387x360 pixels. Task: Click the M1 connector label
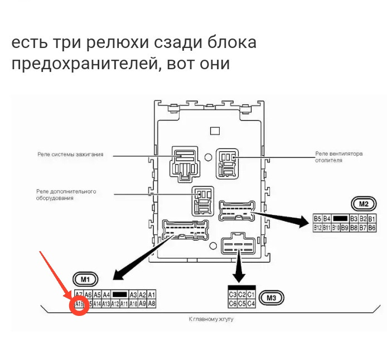pyautogui.click(x=85, y=278)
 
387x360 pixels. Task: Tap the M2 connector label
pyautogui.click(x=364, y=204)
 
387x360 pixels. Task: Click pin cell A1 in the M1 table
pyautogui.click(x=152, y=295)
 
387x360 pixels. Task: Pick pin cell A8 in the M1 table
pyautogui.click(x=152, y=304)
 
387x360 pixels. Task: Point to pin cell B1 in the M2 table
pyautogui.click(x=372, y=219)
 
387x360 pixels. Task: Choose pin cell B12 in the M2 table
pyautogui.click(x=318, y=228)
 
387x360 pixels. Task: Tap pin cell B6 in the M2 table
pyautogui.click(x=372, y=228)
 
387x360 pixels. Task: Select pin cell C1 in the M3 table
pyautogui.click(x=251, y=295)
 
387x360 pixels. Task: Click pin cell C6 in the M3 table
pyautogui.click(x=233, y=304)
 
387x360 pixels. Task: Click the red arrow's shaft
pyautogui.click(x=54, y=273)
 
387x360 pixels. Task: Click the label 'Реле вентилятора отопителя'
pyautogui.click(x=338, y=156)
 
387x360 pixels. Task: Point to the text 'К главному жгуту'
pyautogui.click(x=211, y=319)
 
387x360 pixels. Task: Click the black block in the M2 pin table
pyautogui.click(x=341, y=219)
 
